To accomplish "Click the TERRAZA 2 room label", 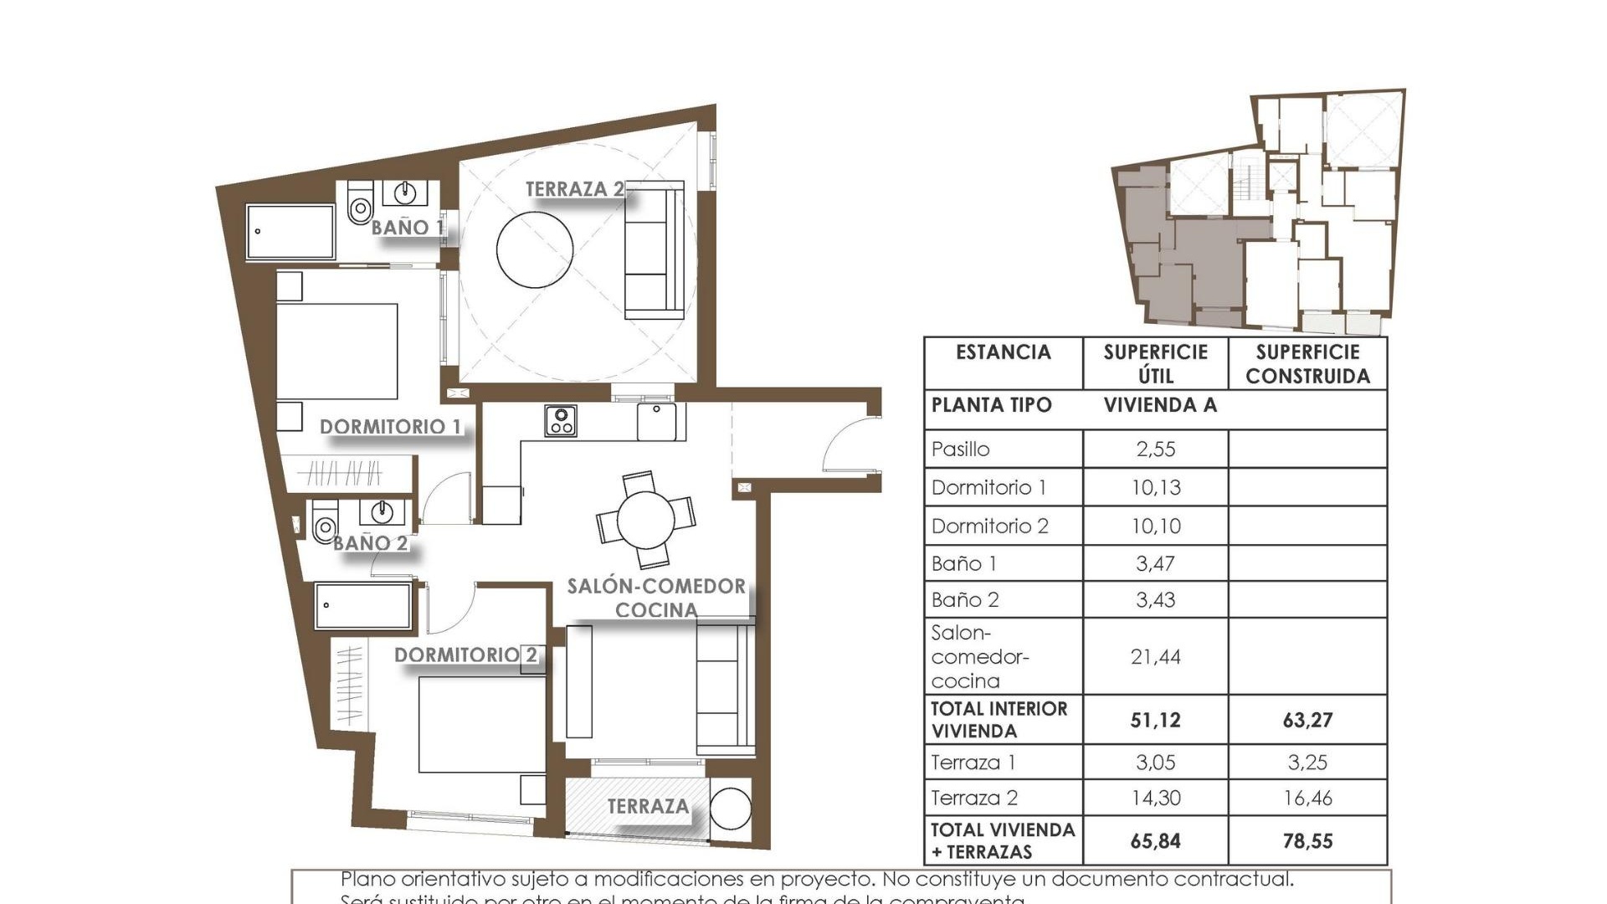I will tap(574, 189).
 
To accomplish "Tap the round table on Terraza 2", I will tap(535, 249).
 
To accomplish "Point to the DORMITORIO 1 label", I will tap(390, 427).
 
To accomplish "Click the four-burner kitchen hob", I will tap(560, 420).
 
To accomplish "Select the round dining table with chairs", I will tap(645, 520).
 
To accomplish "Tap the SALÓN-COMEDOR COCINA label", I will tap(656, 598).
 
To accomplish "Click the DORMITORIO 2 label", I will tap(465, 655).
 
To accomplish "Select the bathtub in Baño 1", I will tap(290, 231).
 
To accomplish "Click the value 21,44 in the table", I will tap(1155, 657).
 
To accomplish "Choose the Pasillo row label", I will tap(961, 449).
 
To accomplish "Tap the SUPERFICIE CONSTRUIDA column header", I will tap(1307, 364).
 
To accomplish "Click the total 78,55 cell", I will tap(1307, 841).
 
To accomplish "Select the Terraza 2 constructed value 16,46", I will tap(1307, 799).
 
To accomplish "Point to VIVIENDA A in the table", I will tap(1160, 406).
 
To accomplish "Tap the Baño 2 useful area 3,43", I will tap(1155, 600).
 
